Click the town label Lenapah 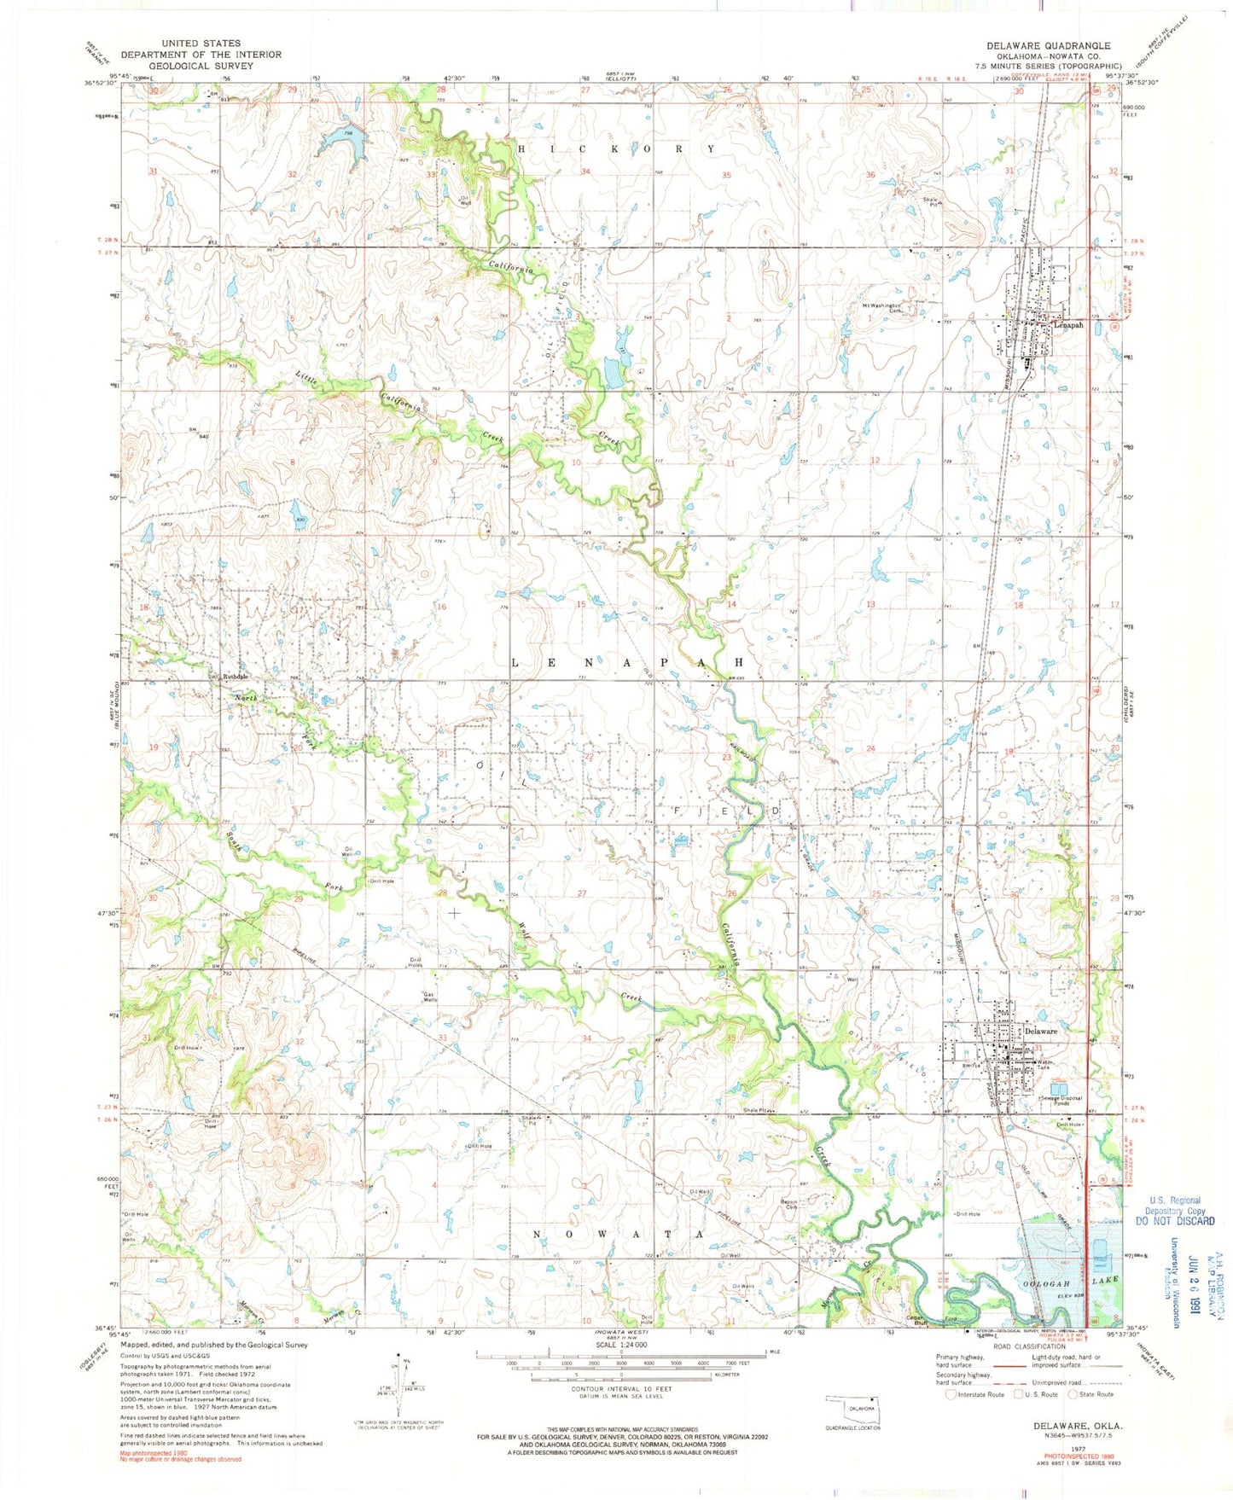(x=1067, y=325)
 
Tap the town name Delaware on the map (x=1040, y=1032)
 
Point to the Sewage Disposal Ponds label (x=1062, y=1101)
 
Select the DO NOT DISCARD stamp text (x=1175, y=1221)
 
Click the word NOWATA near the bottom (x=619, y=1234)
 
